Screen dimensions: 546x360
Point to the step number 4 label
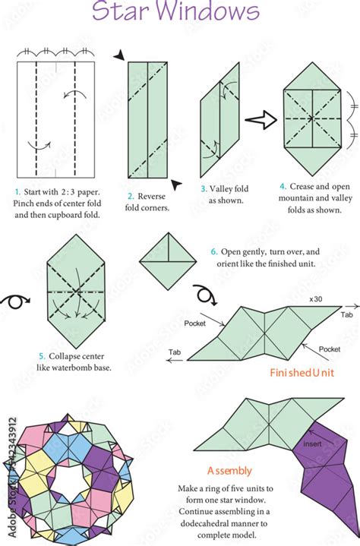[x=282, y=185]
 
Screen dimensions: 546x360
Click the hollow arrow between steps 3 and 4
[x=258, y=118]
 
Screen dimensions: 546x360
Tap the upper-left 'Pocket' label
[x=195, y=323]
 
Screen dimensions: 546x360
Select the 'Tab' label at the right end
[x=347, y=314]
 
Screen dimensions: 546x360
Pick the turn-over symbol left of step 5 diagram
[x=13, y=301]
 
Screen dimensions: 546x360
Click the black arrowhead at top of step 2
[x=120, y=55]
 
